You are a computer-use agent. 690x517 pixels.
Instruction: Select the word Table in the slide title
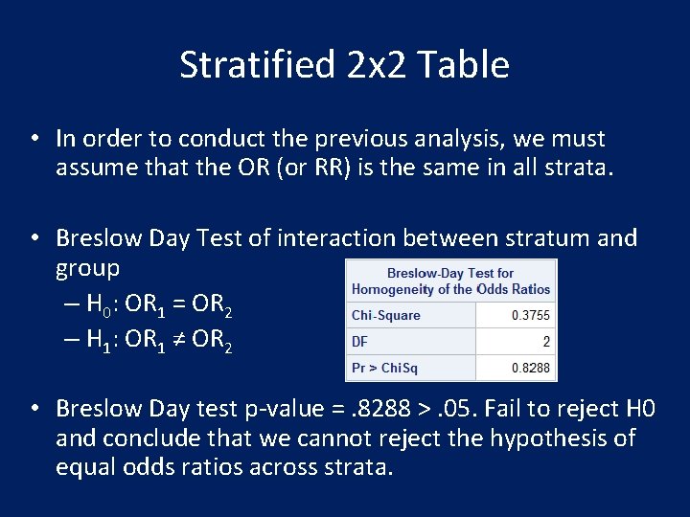point(469,65)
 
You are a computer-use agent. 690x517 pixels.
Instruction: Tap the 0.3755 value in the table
point(530,315)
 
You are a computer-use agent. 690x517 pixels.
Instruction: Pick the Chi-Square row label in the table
point(386,315)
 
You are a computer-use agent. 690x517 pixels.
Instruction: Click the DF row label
point(360,341)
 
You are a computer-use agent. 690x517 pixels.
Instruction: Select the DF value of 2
point(545,341)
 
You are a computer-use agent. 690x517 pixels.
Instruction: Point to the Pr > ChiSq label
point(384,368)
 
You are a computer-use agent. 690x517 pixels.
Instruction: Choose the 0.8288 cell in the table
point(530,368)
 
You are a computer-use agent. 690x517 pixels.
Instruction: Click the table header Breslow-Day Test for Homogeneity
point(450,281)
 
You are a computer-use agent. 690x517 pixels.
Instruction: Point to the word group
point(88,267)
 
